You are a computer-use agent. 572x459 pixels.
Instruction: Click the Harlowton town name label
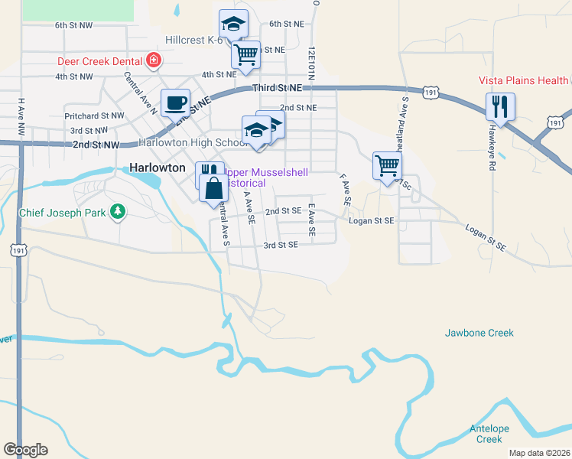pos(158,167)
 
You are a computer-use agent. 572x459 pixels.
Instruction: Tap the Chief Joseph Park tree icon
pos(117,210)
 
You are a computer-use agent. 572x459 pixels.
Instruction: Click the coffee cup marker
pos(175,103)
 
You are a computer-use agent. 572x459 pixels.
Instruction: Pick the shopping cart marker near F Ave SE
pos(388,165)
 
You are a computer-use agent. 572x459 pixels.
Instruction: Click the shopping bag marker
pos(213,187)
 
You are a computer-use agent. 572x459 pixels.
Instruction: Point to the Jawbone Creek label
pos(479,333)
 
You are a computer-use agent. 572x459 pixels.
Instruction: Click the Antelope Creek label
pos(489,433)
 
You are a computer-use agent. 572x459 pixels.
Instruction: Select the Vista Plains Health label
pos(524,80)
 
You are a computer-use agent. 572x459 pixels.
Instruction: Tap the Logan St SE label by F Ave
pos(371,220)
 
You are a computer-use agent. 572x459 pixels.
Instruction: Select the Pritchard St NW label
pos(94,116)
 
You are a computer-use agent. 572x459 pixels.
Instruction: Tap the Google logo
pos(25,450)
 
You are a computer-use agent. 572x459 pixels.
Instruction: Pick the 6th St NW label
pos(73,25)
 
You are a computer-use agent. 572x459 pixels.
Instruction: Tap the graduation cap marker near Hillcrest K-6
pos(233,24)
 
